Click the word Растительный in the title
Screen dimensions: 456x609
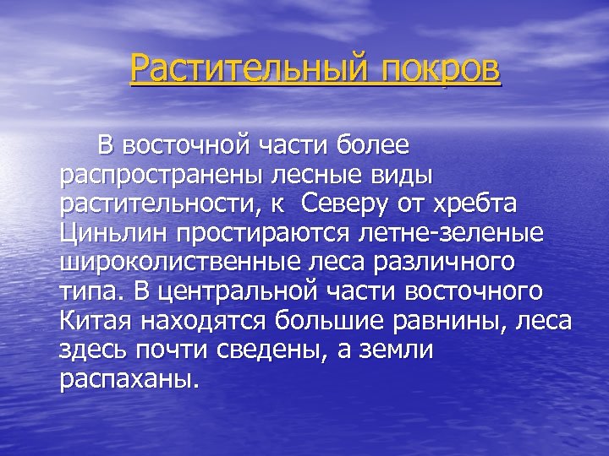tap(239, 68)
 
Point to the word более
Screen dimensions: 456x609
tap(376, 145)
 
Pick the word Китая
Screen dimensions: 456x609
tap(95, 321)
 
